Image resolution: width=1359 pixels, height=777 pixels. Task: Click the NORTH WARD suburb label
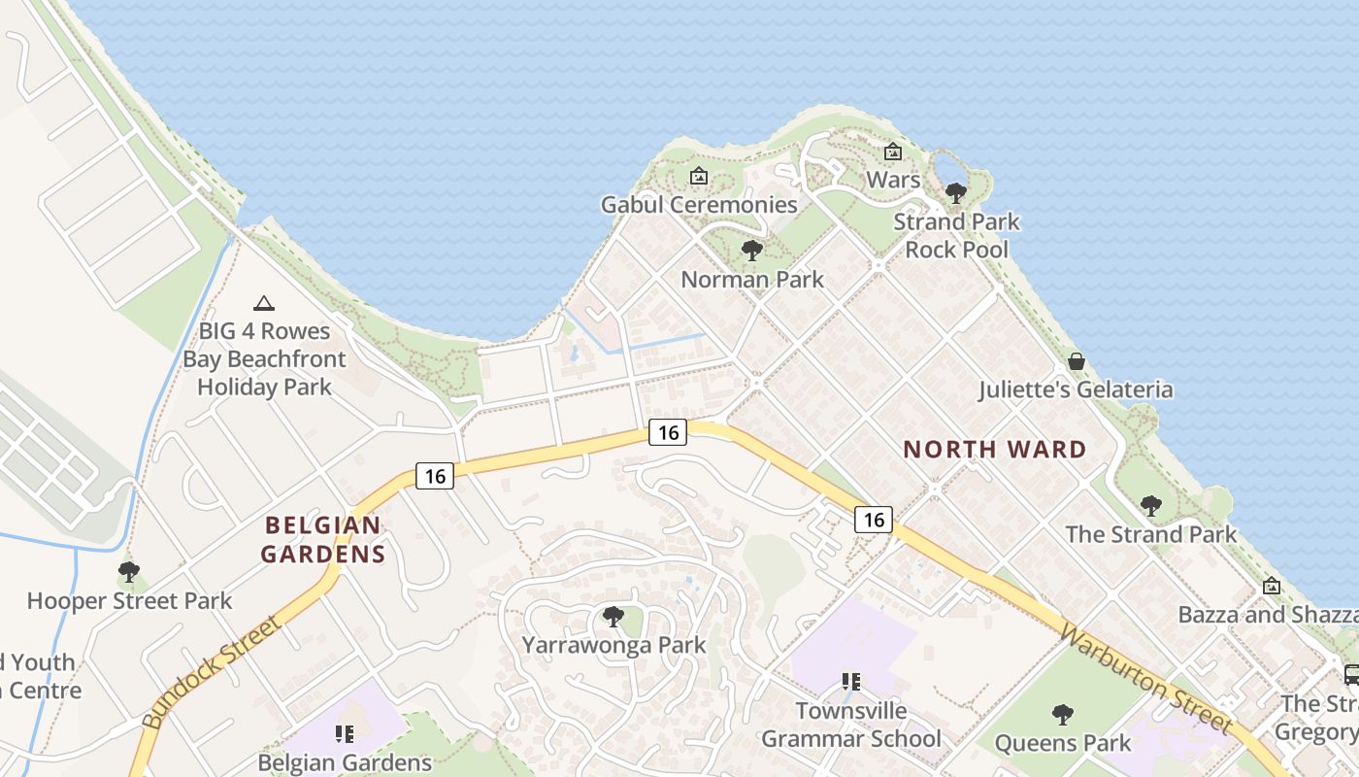point(994,450)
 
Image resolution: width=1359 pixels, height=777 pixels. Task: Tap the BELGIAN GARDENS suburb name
point(325,540)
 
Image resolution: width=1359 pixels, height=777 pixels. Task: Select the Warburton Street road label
point(1145,679)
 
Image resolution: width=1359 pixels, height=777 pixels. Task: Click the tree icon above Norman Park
point(751,252)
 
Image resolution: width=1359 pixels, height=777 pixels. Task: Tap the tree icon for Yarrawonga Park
point(613,617)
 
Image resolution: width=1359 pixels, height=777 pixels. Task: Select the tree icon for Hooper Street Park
point(129,572)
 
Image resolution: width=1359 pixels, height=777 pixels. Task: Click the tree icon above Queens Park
point(1063,715)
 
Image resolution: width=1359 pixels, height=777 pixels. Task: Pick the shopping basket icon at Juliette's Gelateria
point(1076,362)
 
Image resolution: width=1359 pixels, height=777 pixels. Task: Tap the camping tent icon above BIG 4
point(263,304)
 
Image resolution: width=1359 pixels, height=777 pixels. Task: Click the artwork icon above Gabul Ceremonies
point(698,177)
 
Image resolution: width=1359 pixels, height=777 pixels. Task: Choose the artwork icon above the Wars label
point(893,152)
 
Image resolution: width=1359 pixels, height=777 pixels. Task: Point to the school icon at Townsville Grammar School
point(851,682)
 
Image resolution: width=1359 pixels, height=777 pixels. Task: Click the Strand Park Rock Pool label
point(956,235)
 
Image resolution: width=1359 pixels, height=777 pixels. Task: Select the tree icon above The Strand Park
point(1150,506)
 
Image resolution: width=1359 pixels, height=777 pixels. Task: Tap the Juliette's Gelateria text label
point(1076,390)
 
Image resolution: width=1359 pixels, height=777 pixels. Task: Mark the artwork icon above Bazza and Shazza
point(1272,587)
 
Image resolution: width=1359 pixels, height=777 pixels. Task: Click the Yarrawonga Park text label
point(613,646)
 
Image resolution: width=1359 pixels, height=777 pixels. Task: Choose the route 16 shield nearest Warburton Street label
point(874,520)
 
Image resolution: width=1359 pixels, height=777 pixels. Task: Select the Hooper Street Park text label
point(129,601)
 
